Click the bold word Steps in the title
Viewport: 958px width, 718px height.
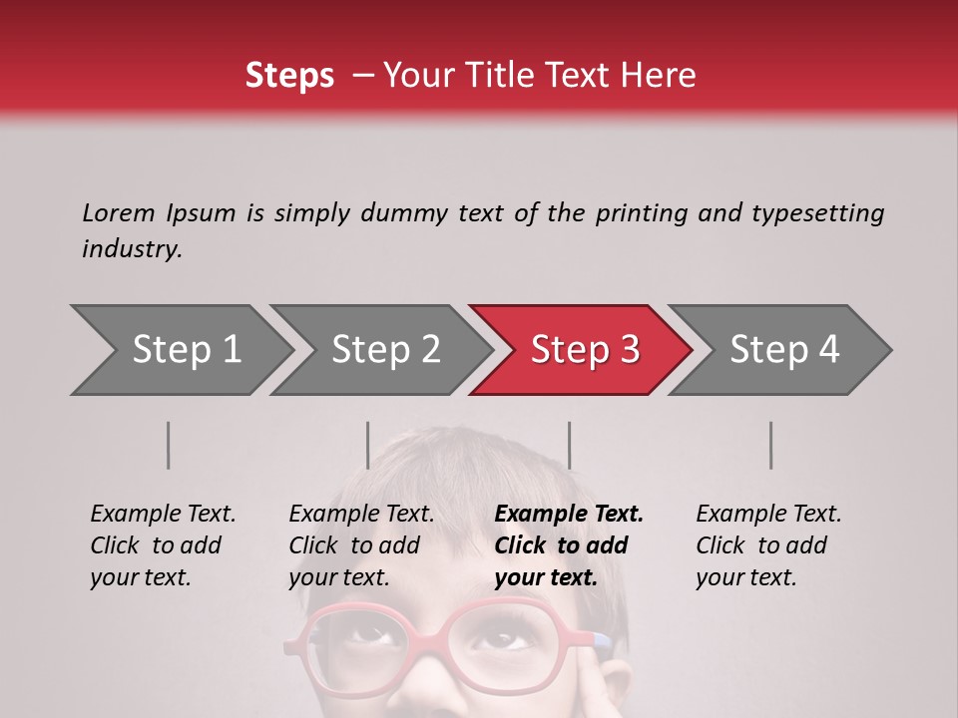(x=289, y=75)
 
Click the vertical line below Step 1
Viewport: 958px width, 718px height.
(x=169, y=445)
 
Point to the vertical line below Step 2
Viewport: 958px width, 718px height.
(x=368, y=445)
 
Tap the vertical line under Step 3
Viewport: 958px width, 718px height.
(x=569, y=445)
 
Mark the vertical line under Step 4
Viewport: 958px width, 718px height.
(x=770, y=445)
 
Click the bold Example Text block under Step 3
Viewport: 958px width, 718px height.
(x=569, y=545)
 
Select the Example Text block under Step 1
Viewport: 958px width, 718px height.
(x=163, y=545)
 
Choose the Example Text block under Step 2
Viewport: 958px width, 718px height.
(x=361, y=545)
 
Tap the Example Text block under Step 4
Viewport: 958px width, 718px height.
(x=768, y=545)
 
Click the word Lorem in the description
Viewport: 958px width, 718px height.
(x=119, y=212)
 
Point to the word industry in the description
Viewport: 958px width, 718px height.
(x=132, y=248)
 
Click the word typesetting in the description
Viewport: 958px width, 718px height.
(x=817, y=212)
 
